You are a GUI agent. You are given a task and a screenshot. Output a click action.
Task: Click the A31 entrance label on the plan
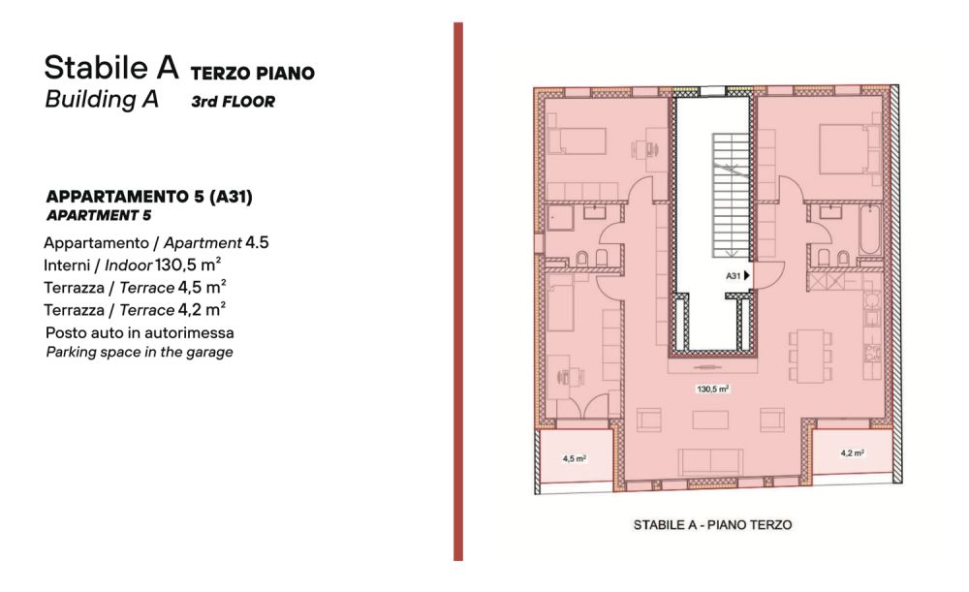tap(733, 275)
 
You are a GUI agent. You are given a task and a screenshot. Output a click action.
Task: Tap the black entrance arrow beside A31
tap(746, 275)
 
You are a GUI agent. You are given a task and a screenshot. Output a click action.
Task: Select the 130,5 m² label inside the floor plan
tap(712, 389)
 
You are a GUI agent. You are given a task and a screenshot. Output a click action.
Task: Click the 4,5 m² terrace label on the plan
tap(574, 458)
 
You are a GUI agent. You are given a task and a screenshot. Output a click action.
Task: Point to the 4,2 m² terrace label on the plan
tap(852, 452)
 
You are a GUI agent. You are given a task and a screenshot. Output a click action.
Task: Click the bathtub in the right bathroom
tap(870, 230)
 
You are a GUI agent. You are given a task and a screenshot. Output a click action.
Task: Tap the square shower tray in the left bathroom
tap(560, 218)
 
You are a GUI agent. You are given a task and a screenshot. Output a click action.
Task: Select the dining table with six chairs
tap(810, 356)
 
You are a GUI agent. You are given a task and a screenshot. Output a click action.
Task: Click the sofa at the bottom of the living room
tap(710, 462)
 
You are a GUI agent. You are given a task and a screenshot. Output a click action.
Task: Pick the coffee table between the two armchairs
tap(710, 420)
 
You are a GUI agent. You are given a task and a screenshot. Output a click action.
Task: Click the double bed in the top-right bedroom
tap(850, 149)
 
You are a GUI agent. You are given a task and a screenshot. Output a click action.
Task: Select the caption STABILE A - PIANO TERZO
tap(712, 524)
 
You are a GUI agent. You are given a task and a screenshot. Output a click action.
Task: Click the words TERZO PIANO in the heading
tap(253, 73)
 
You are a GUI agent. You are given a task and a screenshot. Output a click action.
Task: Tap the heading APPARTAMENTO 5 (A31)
tap(149, 197)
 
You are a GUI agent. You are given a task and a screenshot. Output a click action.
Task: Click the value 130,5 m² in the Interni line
tap(188, 265)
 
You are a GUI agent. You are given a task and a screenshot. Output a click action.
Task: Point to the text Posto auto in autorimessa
tap(140, 332)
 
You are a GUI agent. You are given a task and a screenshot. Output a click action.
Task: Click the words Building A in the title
tap(102, 99)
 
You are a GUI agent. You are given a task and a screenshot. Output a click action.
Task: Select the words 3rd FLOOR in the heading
tap(233, 102)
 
